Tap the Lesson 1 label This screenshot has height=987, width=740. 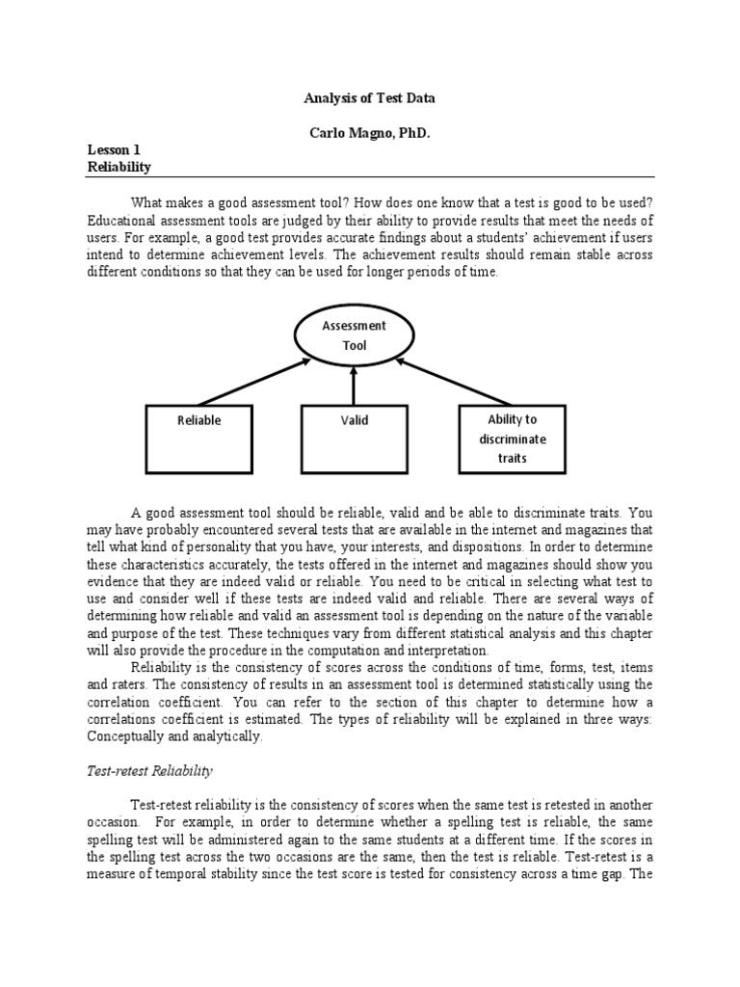115,149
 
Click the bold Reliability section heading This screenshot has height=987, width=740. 119,167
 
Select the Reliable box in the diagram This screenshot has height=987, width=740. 199,439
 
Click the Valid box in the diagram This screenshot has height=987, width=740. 354,439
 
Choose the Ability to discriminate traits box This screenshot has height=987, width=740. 513,439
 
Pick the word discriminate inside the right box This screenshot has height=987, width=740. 513,439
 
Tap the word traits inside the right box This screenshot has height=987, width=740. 513,458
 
